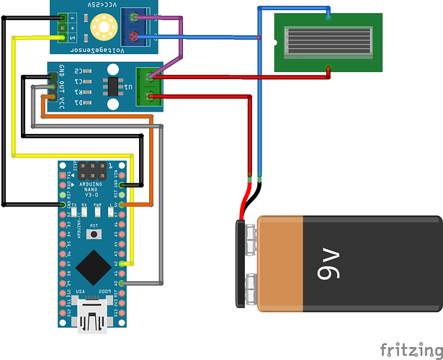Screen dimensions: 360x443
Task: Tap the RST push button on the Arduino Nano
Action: [x=92, y=234]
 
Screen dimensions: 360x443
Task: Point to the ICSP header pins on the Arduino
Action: [x=92, y=171]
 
